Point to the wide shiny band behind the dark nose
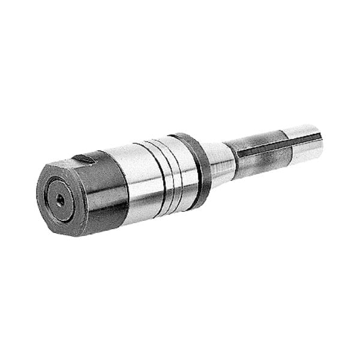point(136,180)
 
